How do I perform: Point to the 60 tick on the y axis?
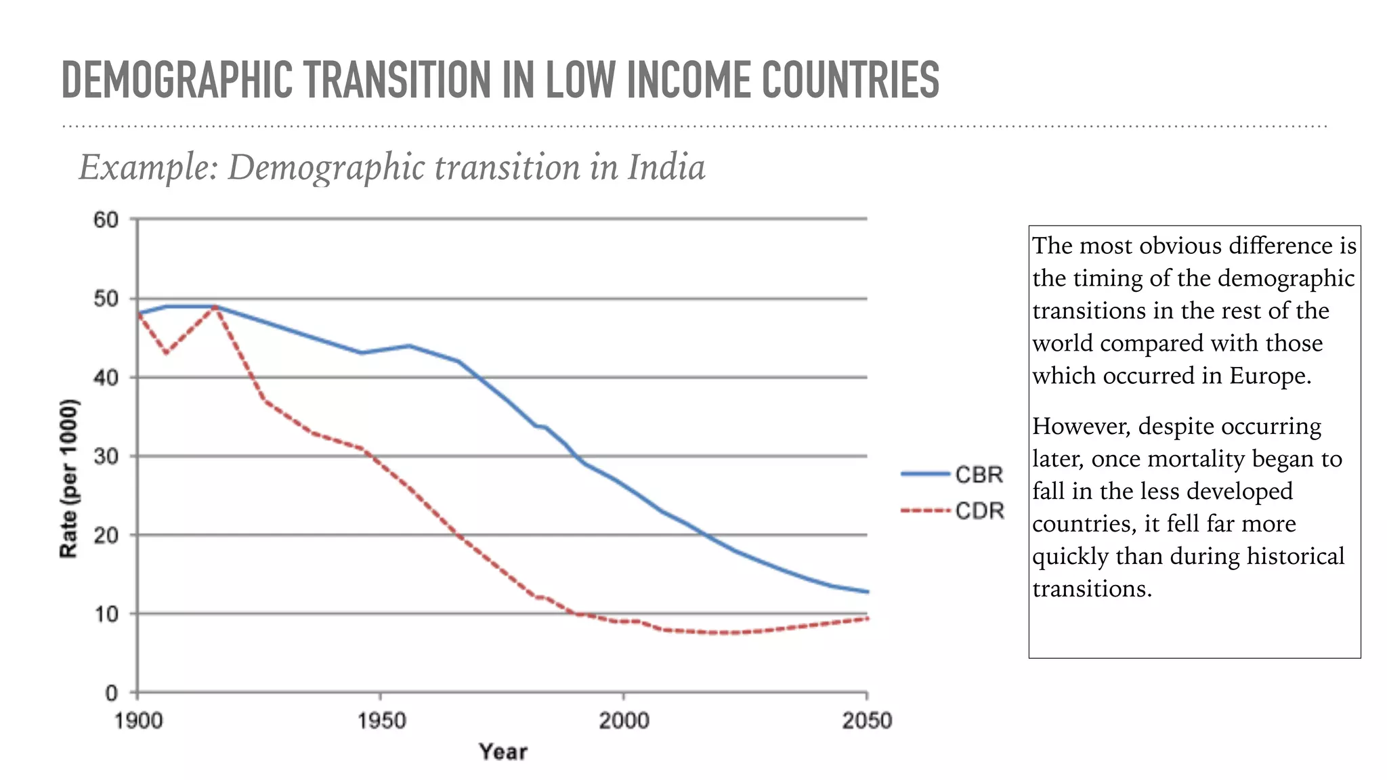[106, 220]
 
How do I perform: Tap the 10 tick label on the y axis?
[106, 615]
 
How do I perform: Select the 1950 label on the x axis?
[381, 721]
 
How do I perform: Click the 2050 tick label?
[866, 721]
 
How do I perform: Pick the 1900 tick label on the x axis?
[139, 721]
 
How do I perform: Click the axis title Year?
[503, 752]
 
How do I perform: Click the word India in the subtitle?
[666, 167]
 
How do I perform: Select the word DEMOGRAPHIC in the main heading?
[177, 80]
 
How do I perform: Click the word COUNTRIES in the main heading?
[850, 80]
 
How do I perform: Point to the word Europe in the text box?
[1268, 376]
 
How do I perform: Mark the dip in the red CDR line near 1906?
[167, 353]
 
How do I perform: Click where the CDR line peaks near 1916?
[215, 307]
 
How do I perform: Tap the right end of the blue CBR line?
[867, 592]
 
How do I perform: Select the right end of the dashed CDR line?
[867, 618]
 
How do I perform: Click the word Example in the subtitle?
[148, 167]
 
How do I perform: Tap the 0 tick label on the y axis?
[111, 693]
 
